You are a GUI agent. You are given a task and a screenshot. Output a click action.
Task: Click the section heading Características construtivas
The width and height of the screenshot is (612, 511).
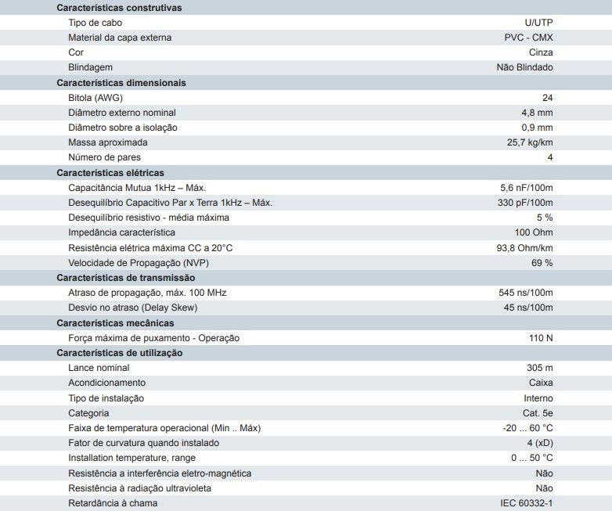coord(119,8)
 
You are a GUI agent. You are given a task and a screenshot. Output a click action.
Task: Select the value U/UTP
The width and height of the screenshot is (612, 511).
coord(538,23)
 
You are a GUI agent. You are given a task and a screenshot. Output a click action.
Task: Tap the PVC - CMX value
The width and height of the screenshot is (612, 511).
coord(528,38)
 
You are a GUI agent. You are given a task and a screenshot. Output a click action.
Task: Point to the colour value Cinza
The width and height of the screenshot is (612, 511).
coord(540,52)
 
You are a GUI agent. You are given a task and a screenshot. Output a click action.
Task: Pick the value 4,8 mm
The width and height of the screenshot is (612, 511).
coord(537,113)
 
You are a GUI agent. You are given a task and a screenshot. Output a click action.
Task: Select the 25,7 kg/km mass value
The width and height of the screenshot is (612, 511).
coord(530,142)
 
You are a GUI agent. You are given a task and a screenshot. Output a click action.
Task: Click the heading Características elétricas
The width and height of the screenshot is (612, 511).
coord(110,173)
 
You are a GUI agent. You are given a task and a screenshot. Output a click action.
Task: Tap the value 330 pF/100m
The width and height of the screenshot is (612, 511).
coord(526,203)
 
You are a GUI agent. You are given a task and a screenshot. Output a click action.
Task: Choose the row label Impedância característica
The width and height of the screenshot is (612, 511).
coord(121,232)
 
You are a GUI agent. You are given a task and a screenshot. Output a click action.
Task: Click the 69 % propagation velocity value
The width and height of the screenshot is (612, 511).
coord(542,263)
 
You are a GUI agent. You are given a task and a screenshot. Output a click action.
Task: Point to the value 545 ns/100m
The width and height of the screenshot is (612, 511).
coord(526,293)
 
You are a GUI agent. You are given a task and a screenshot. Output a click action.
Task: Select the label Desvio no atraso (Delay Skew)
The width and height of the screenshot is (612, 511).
coord(132,308)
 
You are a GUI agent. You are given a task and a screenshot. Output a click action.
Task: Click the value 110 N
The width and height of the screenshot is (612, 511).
coord(541,338)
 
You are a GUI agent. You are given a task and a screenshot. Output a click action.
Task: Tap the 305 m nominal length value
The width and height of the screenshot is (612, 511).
coord(539,368)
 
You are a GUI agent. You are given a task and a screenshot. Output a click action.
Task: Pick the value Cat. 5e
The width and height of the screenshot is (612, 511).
coord(537,413)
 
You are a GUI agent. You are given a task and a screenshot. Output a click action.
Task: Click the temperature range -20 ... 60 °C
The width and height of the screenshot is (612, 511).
coord(527,428)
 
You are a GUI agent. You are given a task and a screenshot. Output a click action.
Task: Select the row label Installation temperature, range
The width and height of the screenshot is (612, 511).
coord(131,458)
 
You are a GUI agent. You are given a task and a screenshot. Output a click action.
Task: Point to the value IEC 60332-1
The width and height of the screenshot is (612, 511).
coord(526,503)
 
